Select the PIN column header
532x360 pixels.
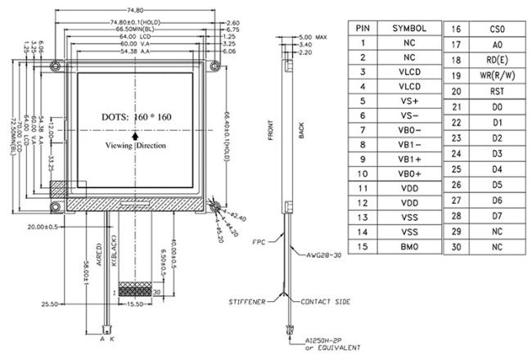[x=362, y=28]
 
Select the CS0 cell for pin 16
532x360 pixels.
[x=498, y=29]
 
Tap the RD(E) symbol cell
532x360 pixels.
[x=498, y=59]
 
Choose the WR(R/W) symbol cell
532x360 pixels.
[x=498, y=74]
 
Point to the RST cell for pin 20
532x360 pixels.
[x=498, y=90]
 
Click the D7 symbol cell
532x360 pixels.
[x=498, y=215]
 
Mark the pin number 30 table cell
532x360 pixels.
[x=456, y=246]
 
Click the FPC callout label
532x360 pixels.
[x=259, y=241]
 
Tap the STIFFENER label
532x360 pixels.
[x=246, y=302]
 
